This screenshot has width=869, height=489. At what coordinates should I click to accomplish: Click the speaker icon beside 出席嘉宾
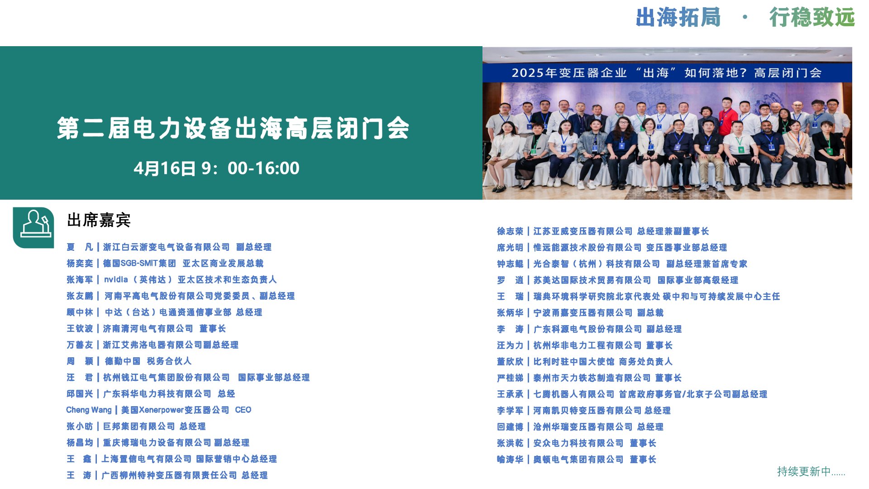[x=33, y=227]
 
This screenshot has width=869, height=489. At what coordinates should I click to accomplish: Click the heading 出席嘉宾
[x=99, y=221]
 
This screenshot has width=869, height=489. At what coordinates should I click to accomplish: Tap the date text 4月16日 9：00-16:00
[x=216, y=168]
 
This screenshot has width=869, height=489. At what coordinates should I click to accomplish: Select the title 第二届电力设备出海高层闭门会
[x=233, y=128]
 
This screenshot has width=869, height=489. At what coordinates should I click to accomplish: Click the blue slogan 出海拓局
[x=678, y=18]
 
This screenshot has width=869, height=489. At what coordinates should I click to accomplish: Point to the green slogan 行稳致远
[x=812, y=18]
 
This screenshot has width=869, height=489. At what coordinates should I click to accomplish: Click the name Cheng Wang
[x=89, y=410]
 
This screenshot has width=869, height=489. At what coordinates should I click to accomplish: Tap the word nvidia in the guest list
[x=116, y=279]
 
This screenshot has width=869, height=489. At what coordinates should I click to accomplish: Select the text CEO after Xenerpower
[x=243, y=410]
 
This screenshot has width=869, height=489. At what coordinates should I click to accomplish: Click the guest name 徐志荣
[x=510, y=231]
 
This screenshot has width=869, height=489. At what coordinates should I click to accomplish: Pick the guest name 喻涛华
[x=510, y=460]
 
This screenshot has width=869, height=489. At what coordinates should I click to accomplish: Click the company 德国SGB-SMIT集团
[x=139, y=263]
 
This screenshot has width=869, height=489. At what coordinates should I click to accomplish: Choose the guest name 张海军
[x=80, y=279]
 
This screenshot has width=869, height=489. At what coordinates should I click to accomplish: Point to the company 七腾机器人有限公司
[x=574, y=394]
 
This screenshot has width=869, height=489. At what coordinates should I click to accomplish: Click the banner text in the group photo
[x=667, y=73]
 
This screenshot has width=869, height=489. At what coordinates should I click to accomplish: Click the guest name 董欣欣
[x=510, y=362]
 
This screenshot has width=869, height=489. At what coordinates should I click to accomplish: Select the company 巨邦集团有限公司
[x=139, y=426]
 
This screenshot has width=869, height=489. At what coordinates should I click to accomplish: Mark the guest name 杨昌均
[x=80, y=442]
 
